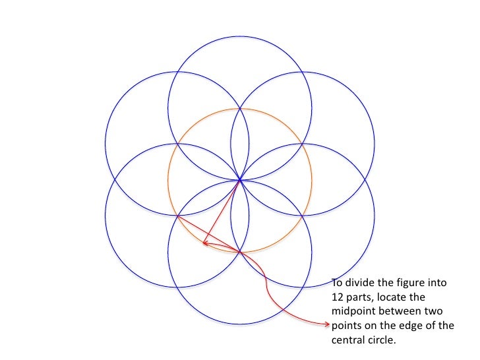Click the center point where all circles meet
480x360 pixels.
pyautogui.click(x=240, y=179)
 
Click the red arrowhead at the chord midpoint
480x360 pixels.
pyautogui.click(x=206, y=243)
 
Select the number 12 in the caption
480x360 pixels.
pyautogui.click(x=338, y=297)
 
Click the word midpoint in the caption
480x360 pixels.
pyautogui.click(x=355, y=311)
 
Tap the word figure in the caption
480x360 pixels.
pyautogui.click(x=415, y=284)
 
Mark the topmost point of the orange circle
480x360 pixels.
pyautogui.click(x=240, y=108)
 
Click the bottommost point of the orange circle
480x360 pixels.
pyautogui.click(x=240, y=252)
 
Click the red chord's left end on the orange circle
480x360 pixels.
pyautogui.click(x=177, y=216)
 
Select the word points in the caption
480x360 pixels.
pyautogui.click(x=346, y=325)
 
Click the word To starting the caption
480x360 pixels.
pyautogui.click(x=337, y=284)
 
